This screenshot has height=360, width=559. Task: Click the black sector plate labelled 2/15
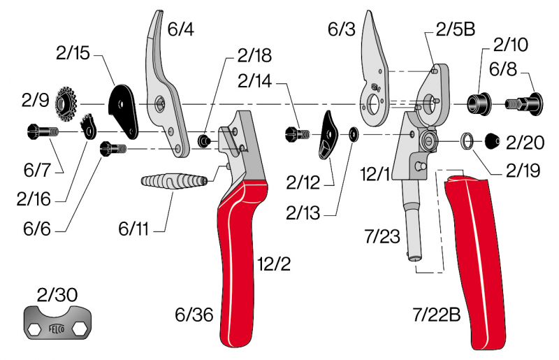pyautogui.click(x=124, y=108)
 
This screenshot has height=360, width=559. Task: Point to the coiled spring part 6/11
pyautogui.click(x=175, y=186)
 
